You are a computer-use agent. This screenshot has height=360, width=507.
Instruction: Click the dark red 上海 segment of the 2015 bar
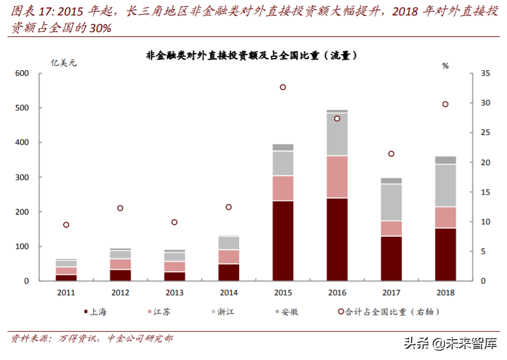[x=283, y=240]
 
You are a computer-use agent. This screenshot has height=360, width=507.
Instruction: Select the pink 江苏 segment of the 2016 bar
[x=337, y=176]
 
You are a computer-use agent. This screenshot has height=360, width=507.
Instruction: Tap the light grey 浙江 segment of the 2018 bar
[x=445, y=185]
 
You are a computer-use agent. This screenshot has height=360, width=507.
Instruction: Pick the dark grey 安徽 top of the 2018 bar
[x=445, y=160]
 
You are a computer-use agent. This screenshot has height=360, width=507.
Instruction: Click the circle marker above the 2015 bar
[x=283, y=88]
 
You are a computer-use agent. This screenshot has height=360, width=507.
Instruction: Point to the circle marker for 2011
[x=66, y=225]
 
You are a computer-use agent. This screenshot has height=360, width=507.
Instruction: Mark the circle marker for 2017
[x=391, y=153]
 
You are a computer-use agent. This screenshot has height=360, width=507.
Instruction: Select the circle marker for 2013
[x=174, y=222]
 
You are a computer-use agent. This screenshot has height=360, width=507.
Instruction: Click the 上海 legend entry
[x=93, y=312]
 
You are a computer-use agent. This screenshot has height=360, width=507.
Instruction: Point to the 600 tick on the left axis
[x=22, y=73]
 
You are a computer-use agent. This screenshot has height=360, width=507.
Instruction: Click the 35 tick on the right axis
[x=484, y=73]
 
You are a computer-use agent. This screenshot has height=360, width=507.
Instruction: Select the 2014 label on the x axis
[x=229, y=292]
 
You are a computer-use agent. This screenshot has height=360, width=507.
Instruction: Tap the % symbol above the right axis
[x=445, y=65]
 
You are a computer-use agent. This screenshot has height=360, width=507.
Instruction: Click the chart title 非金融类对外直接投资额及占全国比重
[x=252, y=55]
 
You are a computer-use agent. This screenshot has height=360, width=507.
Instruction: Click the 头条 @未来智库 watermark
[x=450, y=343]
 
